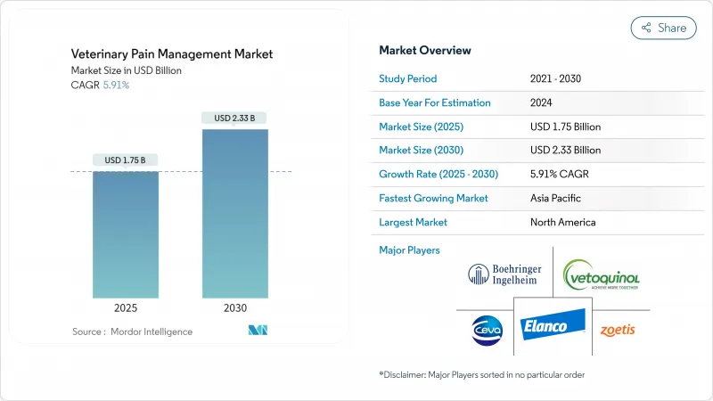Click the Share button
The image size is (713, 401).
(663, 28)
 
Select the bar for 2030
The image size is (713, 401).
(234, 214)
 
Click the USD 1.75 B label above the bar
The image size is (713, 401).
(126, 160)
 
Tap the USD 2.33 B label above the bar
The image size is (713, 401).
(234, 118)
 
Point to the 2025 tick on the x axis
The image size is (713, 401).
(126, 308)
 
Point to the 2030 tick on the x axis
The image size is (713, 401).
(234, 308)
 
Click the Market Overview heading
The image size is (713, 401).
(425, 51)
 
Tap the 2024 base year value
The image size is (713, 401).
(542, 102)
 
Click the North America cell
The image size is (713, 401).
(562, 222)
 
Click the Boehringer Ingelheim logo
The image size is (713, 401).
(503, 274)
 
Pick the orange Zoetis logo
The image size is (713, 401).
(617, 329)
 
